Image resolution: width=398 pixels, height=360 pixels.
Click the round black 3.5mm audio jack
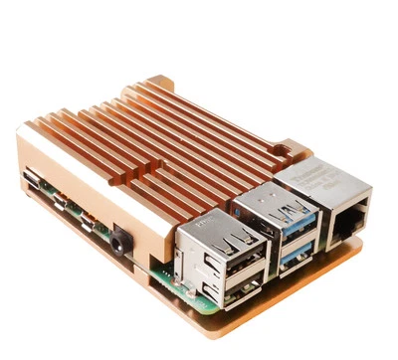(x=121, y=240)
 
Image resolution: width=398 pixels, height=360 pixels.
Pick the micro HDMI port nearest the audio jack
(x=89, y=222)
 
